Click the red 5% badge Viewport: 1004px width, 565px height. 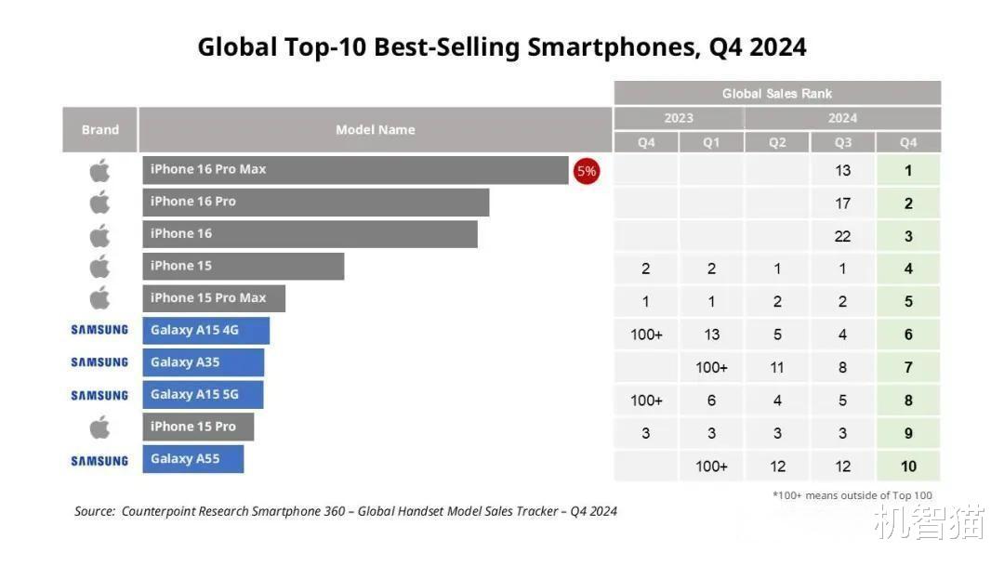pos(586,171)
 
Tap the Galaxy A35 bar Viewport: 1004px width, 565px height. pos(204,362)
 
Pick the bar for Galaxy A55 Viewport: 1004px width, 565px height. pos(193,459)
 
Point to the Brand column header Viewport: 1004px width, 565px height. pos(99,129)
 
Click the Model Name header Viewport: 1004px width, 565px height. pos(376,129)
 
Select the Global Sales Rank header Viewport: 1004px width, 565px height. pos(777,93)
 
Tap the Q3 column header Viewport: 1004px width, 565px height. pos(842,142)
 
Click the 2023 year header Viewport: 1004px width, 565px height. pos(679,118)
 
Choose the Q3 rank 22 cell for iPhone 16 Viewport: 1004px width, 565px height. pos(842,236)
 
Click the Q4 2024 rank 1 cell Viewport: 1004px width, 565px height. pos(908,171)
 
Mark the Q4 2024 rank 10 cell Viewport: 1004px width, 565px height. pos(908,466)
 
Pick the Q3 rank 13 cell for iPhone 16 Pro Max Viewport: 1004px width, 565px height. pos(842,171)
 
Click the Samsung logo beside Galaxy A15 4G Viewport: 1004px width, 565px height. pos(99,330)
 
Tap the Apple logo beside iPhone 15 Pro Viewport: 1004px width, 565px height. pos(99,427)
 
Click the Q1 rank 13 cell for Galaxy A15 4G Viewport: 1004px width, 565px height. pos(711,335)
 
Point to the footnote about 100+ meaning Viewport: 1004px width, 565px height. pos(852,495)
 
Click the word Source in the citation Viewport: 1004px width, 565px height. pos(95,511)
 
